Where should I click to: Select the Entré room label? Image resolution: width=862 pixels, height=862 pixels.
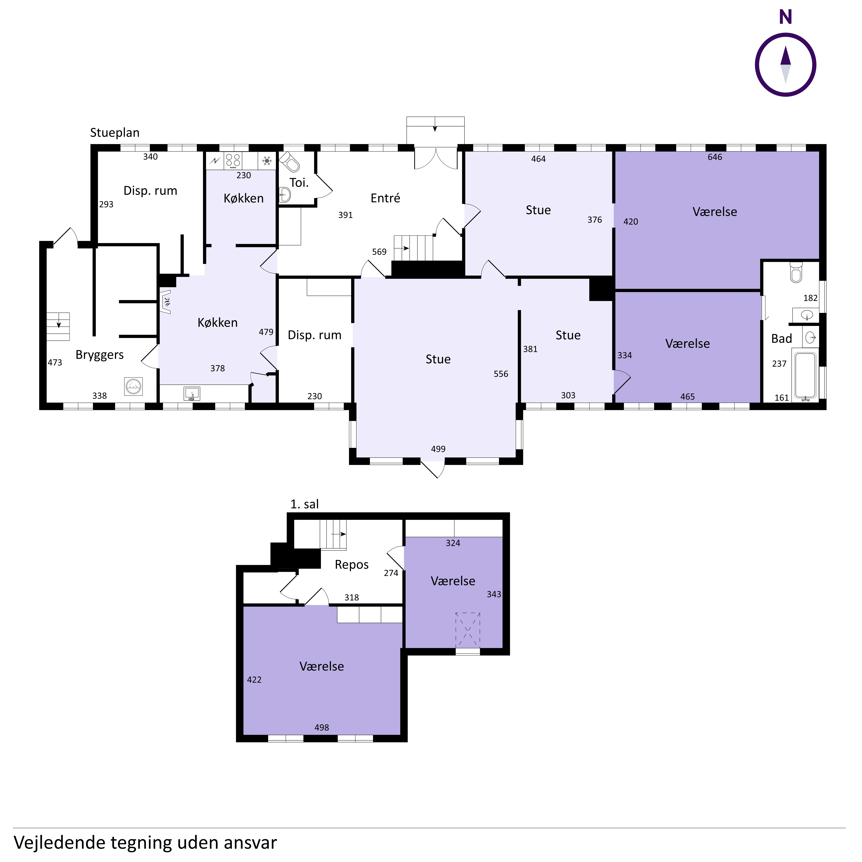[x=385, y=198]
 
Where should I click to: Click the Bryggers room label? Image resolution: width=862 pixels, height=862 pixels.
[x=100, y=355]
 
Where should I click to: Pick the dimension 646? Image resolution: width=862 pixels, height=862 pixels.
[x=715, y=157]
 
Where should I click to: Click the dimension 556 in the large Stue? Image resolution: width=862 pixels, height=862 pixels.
[x=501, y=374]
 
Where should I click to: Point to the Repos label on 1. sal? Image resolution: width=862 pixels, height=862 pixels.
[x=352, y=565]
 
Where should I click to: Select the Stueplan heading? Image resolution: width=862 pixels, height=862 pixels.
[x=115, y=133]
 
